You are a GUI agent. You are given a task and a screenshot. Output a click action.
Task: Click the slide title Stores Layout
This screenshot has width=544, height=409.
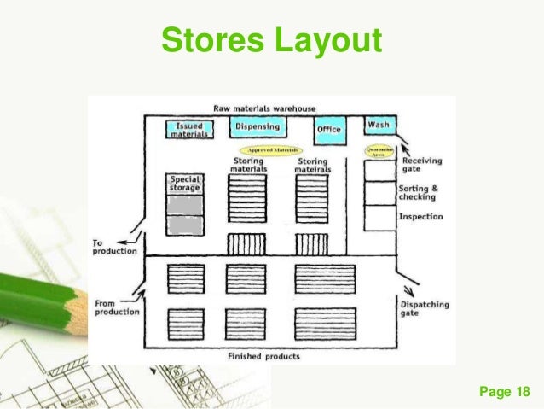272,40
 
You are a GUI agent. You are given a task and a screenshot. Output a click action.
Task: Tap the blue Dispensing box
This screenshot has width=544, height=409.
258,128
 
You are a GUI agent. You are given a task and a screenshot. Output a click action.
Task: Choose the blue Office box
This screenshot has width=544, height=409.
328,129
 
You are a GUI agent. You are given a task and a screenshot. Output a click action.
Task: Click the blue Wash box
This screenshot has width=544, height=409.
379,126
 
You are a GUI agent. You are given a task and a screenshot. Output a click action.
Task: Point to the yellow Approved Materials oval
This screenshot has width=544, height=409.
269,149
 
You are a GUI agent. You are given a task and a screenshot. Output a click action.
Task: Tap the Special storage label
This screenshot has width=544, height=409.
185,184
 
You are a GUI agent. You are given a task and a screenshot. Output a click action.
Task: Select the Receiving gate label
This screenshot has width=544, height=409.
421,165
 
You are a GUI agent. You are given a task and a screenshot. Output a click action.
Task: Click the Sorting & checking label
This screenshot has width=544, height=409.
419,193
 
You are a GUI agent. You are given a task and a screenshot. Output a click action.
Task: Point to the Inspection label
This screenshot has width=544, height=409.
421,217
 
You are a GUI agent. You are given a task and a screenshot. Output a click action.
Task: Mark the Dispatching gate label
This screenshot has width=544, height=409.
425,308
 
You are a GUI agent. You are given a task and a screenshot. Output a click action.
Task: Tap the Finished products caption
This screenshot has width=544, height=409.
264,356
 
